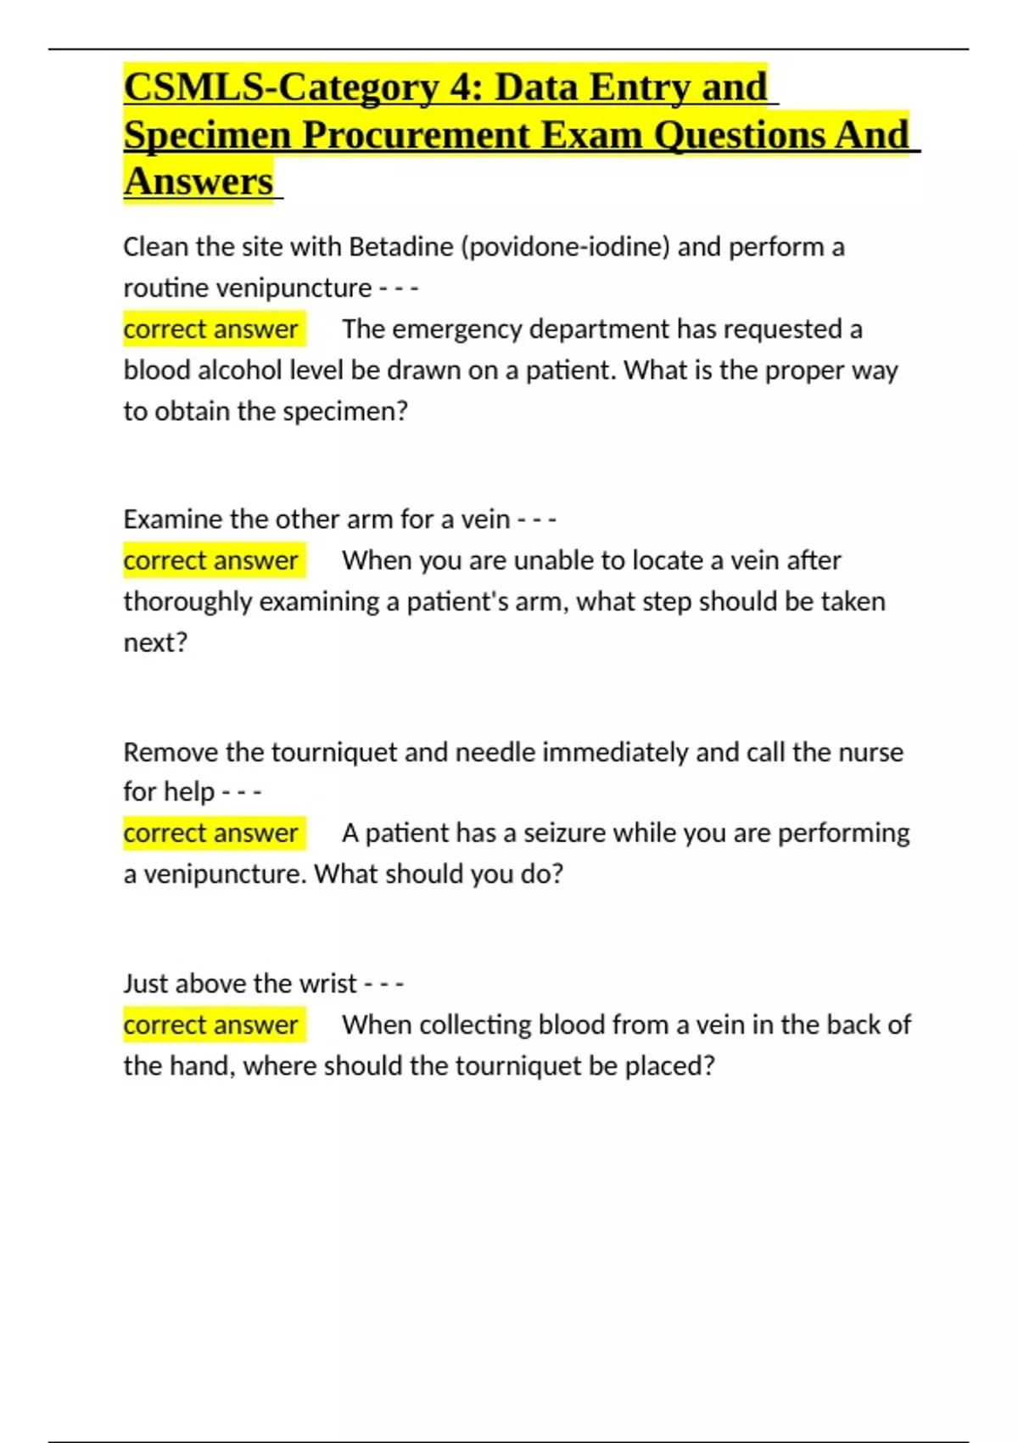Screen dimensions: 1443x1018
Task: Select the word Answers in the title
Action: coord(199,182)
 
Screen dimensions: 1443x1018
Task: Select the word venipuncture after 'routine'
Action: coord(294,289)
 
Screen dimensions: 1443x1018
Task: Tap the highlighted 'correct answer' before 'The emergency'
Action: coord(210,329)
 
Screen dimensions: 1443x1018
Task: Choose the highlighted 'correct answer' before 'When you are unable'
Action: coord(210,561)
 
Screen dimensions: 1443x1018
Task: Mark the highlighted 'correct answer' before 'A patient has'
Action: coord(210,834)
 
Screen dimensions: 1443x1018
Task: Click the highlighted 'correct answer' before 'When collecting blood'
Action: coord(210,1025)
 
